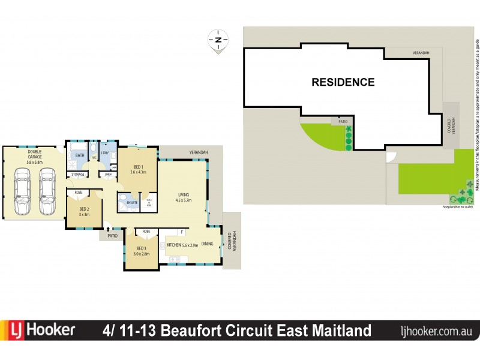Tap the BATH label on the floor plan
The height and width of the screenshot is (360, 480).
(80, 155)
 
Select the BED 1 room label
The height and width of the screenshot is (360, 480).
(138, 167)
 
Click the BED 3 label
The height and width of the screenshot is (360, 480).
(142, 248)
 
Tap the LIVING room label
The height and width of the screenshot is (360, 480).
(184, 194)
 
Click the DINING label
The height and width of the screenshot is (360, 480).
(207, 244)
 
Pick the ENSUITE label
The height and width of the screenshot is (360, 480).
(131, 203)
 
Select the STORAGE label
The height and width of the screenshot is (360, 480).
(78, 175)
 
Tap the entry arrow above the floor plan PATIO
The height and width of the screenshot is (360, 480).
(109, 228)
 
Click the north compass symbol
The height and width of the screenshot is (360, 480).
(218, 40)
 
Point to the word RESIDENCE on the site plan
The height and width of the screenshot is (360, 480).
(343, 82)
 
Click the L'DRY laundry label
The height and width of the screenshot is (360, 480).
(105, 153)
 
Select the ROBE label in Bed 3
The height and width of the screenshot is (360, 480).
(146, 231)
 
